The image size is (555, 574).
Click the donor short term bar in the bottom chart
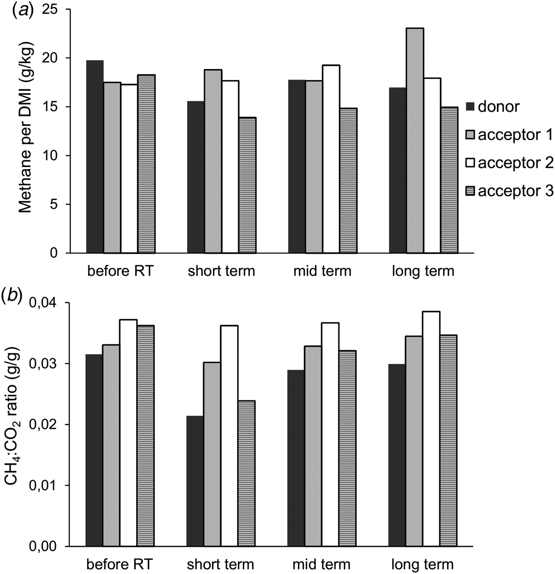tap(195, 481)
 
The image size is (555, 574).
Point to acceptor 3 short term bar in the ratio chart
tap(247, 473)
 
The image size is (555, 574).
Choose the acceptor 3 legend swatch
tap(470, 191)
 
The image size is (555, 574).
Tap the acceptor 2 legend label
tap(515, 163)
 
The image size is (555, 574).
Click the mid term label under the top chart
tap(322, 271)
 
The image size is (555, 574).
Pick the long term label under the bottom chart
tap(422, 564)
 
